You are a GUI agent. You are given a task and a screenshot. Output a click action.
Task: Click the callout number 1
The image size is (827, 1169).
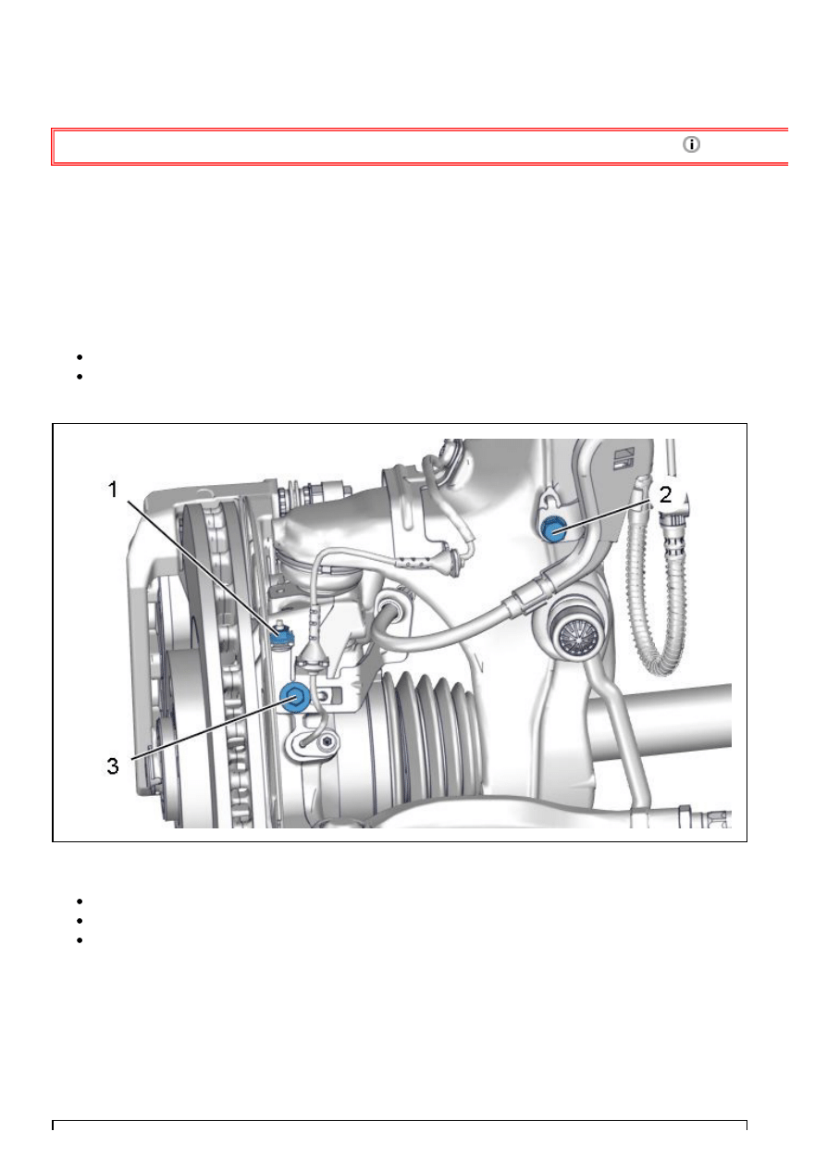pyautogui.click(x=113, y=490)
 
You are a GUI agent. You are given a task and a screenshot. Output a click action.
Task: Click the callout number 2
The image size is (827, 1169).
pyautogui.click(x=665, y=495)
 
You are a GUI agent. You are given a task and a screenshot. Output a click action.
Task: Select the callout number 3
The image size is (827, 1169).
pyautogui.click(x=113, y=766)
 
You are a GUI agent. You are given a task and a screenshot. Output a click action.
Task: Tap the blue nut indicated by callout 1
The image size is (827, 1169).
pyautogui.click(x=282, y=635)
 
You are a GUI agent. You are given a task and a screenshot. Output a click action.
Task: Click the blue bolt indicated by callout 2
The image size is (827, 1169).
pyautogui.click(x=554, y=529)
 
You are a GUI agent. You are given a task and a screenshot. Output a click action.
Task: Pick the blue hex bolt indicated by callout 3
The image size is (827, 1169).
pyautogui.click(x=295, y=697)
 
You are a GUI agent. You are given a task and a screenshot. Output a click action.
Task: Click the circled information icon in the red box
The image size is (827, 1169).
pyautogui.click(x=691, y=144)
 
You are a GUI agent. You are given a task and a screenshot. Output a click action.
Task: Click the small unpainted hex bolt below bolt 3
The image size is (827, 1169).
pyautogui.click(x=328, y=741)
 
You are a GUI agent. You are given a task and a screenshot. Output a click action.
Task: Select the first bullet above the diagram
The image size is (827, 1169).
pyautogui.click(x=80, y=357)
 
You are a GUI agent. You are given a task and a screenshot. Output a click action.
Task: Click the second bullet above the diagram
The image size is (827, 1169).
pyautogui.click(x=80, y=377)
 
